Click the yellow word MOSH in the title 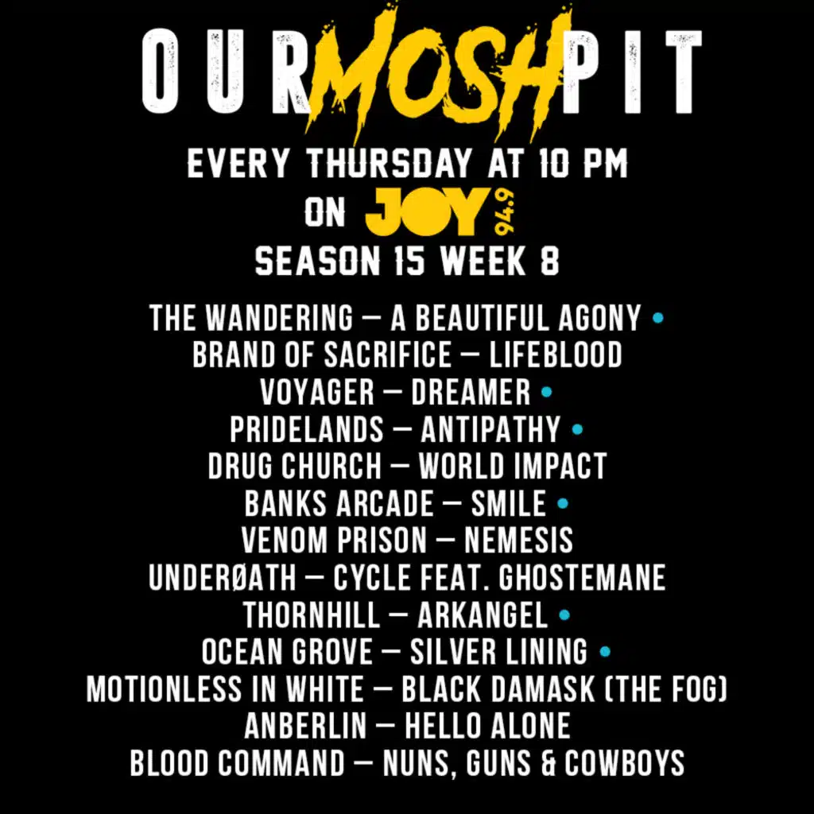click(x=439, y=72)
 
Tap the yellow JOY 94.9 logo click(x=440, y=211)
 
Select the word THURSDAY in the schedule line click(x=390, y=164)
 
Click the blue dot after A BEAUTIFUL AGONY click(x=657, y=318)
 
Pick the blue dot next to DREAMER click(x=546, y=393)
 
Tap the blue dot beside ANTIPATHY click(x=577, y=429)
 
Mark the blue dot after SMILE click(x=562, y=503)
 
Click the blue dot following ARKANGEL click(x=564, y=615)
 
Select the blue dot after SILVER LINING click(x=605, y=652)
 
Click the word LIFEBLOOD click(x=556, y=355)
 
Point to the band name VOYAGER click(x=317, y=393)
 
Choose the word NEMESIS click(x=518, y=541)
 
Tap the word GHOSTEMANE click(x=582, y=577)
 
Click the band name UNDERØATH click(x=223, y=577)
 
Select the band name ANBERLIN click(x=305, y=726)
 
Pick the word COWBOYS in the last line click(x=625, y=763)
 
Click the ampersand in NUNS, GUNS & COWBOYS click(x=547, y=763)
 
